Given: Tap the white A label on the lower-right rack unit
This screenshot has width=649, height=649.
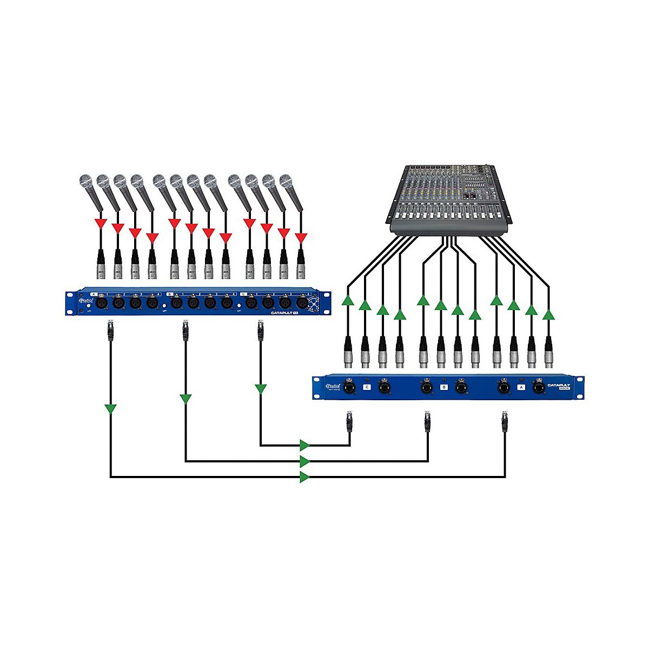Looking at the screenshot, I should point(521,387).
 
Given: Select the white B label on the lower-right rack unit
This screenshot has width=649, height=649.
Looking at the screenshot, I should point(444,387).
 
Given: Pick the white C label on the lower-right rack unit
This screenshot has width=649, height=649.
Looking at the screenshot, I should point(368,387).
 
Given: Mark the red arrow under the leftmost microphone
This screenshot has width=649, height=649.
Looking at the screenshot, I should point(100,223).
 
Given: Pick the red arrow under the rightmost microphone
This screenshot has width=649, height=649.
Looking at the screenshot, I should point(301,237).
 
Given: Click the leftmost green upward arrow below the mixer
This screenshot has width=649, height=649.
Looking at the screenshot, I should point(348,300).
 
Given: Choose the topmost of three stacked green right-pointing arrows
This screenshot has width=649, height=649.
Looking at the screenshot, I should point(304,445).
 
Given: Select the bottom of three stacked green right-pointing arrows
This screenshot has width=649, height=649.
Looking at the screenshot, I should point(304,477).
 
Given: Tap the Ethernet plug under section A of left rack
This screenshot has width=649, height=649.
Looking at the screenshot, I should point(111,331).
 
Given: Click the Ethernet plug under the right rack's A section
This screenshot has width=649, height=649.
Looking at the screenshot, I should point(505,422).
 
